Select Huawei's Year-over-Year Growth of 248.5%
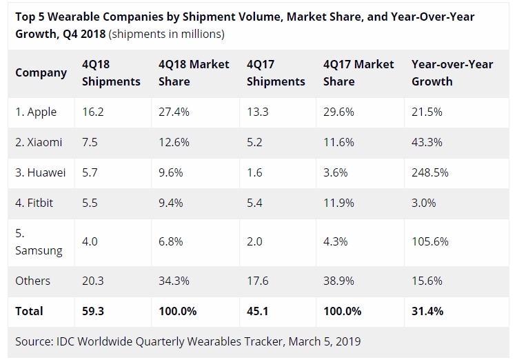431,172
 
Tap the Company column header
41,72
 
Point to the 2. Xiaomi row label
39,142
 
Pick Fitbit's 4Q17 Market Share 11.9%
339,203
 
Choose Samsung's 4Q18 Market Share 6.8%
171,242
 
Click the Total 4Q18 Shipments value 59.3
93,311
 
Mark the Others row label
32,281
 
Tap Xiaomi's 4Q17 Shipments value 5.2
254,142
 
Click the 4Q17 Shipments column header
276,72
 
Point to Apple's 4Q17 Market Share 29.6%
339,112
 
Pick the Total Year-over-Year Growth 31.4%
427,311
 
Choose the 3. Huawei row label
41,172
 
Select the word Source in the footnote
34,341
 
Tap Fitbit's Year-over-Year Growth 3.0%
424,203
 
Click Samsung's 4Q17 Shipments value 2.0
254,242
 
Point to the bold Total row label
29,311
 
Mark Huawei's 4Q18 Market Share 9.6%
171,172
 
